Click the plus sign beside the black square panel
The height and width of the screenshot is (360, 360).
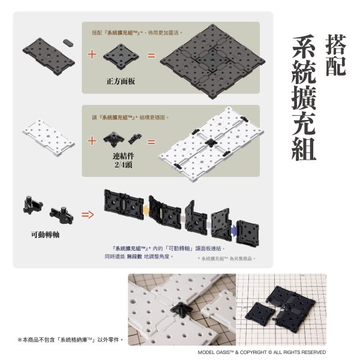pos(92,55)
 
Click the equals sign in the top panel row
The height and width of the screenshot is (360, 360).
pos(151,56)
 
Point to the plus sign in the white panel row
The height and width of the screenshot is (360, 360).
pos(92,142)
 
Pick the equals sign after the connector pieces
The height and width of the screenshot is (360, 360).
pos(151,143)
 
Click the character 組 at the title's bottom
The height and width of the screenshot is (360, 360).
pos(305,146)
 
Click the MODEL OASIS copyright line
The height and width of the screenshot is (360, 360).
pos(262,352)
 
